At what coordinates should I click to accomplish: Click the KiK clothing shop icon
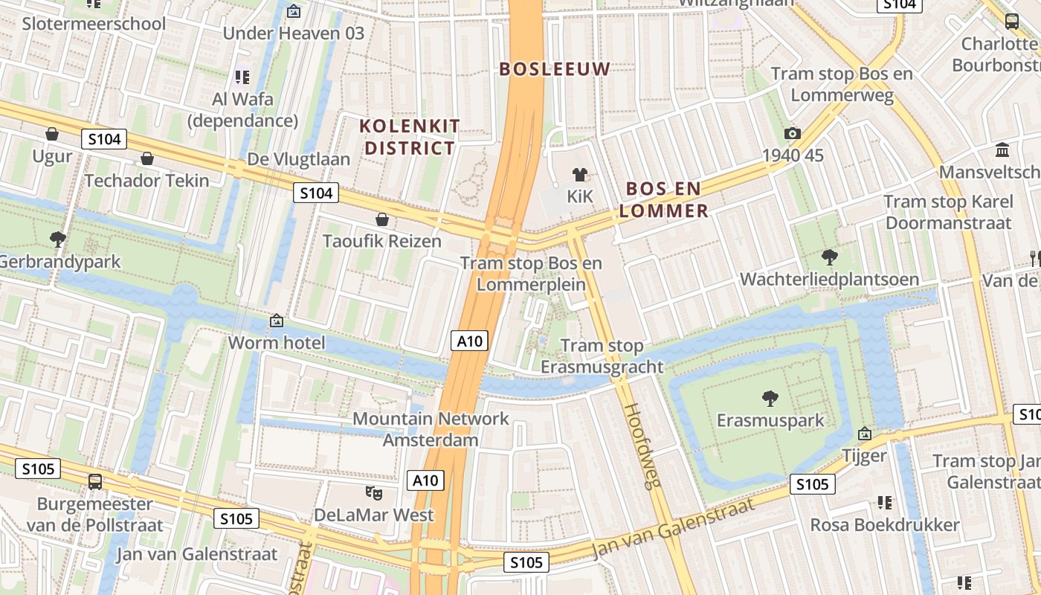[579, 175]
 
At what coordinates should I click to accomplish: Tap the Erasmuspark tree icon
[770, 399]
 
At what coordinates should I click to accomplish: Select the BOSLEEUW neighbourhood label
[554, 69]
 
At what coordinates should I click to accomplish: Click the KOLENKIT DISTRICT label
[410, 137]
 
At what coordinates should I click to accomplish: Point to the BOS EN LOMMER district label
[663, 199]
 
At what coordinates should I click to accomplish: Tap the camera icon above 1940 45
[793, 133]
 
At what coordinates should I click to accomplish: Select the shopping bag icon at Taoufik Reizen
[382, 219]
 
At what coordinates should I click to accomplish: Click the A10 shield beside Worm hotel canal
[469, 341]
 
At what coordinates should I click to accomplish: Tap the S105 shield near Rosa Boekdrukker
[812, 484]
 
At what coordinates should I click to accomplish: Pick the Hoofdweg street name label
[642, 446]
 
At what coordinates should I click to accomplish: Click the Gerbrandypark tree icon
[57, 239]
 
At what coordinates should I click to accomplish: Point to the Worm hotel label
[277, 343]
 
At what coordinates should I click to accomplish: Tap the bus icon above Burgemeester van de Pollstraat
[95, 481]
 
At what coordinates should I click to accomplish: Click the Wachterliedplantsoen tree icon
[829, 257]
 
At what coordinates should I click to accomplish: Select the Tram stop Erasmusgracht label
[602, 356]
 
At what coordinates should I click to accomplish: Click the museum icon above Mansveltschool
[1002, 150]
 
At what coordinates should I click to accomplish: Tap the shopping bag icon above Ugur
[52, 134]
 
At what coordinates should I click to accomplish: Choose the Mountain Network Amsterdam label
[431, 429]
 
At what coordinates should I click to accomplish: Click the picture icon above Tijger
[864, 433]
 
